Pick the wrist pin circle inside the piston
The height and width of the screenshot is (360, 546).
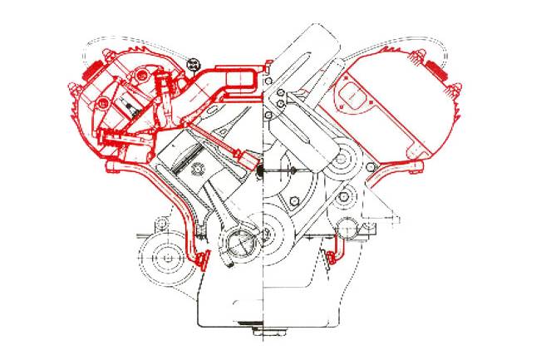pyautogui.click(x=198, y=170)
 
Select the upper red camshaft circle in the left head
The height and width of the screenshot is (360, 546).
pyautogui.click(x=106, y=101)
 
